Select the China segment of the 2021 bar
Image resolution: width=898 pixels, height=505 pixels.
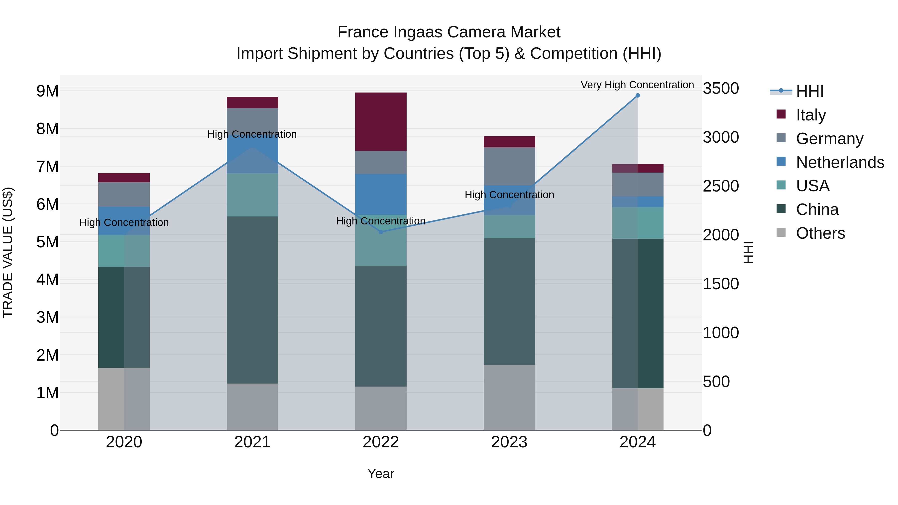point(252,300)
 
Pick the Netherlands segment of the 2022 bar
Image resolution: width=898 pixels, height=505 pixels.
point(381,194)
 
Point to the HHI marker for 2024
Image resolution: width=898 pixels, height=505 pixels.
point(638,95)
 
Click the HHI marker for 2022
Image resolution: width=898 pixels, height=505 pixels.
point(381,232)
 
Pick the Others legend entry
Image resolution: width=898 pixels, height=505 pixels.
point(820,233)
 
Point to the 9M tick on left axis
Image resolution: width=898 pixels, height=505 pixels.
point(47,91)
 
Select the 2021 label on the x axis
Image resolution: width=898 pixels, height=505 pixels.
point(252,442)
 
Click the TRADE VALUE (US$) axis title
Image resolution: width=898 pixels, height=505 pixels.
point(8,252)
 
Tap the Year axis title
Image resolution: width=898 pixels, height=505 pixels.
point(381,474)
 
